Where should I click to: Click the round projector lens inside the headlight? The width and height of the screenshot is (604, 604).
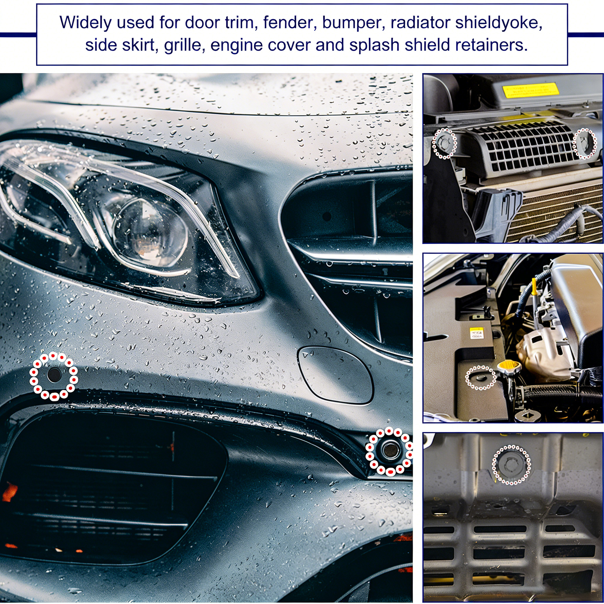[x=151, y=230]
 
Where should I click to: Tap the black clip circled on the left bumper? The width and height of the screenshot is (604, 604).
[x=54, y=375]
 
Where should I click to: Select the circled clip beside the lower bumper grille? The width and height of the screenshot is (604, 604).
[x=389, y=450]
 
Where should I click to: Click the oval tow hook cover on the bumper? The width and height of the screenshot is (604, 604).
[x=335, y=375]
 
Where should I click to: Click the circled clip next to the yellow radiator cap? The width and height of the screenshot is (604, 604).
[x=481, y=378]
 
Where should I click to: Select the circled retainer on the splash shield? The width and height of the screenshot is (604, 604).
[x=511, y=465]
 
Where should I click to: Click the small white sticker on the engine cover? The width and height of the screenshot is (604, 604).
[x=477, y=333]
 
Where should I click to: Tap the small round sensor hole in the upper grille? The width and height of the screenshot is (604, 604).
[x=327, y=216]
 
